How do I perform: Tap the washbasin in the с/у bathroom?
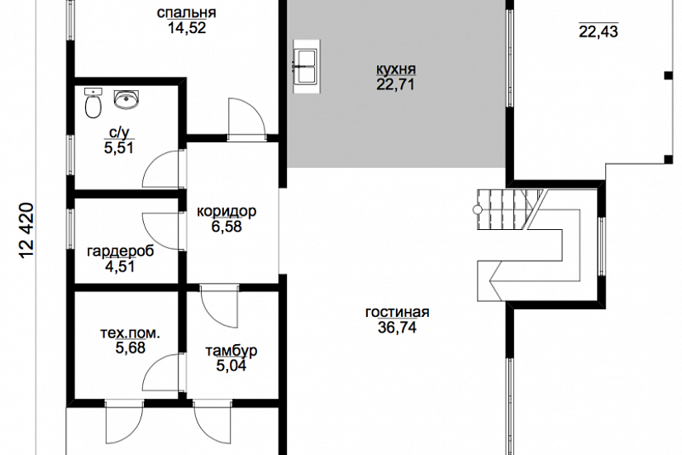(x=126, y=98)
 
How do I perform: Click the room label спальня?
(x=186, y=12)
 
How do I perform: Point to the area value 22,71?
(x=395, y=84)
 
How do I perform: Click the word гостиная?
(x=397, y=312)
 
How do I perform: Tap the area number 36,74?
(x=397, y=328)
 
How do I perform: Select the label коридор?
(x=227, y=212)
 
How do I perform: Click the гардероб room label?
(x=121, y=251)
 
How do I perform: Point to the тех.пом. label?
(x=130, y=333)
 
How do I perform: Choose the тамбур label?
(x=231, y=351)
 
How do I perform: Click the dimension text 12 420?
(x=26, y=231)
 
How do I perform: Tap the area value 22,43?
(x=599, y=31)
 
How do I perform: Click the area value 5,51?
(x=119, y=148)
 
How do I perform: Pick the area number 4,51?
(x=120, y=266)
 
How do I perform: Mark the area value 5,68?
(x=130, y=348)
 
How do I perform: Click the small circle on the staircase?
(x=478, y=210)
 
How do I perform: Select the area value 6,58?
(x=227, y=227)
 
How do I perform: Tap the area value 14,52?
(x=187, y=28)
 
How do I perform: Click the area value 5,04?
(x=231, y=366)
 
